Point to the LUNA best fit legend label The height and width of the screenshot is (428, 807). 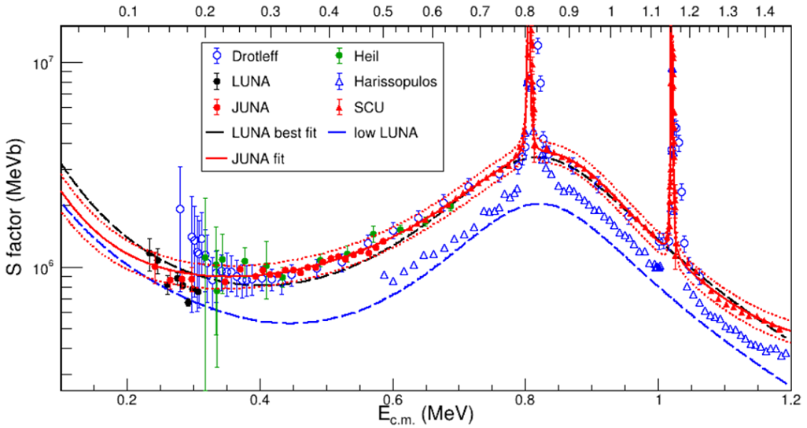(276, 133)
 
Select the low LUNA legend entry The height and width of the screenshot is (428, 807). (395, 133)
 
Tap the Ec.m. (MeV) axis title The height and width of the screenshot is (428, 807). (433, 412)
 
